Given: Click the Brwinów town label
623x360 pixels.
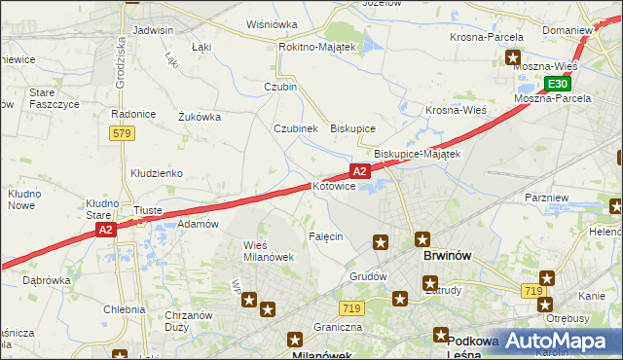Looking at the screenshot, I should [x=448, y=256].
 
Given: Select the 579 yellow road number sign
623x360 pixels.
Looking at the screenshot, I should [x=122, y=133].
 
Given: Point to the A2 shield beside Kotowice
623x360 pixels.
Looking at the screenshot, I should [x=360, y=171].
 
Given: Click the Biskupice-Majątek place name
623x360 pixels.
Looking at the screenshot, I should [x=417, y=154].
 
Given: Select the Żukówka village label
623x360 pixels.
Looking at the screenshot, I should [x=200, y=117].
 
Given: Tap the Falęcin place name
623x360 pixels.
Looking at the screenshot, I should [x=326, y=237].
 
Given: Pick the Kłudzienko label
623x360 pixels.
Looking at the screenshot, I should [x=157, y=173].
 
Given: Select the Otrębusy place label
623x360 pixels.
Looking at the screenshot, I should [x=568, y=318].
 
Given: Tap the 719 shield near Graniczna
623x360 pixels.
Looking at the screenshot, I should [x=352, y=308].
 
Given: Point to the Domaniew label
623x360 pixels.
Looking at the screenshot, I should [x=568, y=30].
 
